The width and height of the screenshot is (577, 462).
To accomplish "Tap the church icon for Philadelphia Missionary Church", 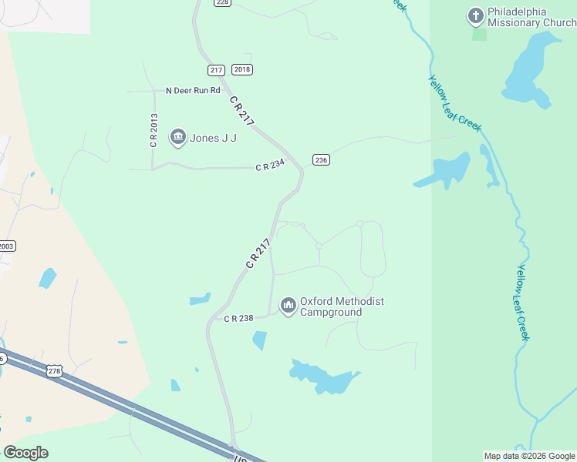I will point(476,15).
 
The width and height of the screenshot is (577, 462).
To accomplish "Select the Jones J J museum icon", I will point(178,138).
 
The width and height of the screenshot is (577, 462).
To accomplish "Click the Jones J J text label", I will point(213,139).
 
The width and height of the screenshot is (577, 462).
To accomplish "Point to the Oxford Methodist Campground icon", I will point(288,306).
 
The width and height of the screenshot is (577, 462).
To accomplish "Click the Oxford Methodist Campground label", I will point(342,307).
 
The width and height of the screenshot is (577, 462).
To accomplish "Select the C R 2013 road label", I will point(154,131).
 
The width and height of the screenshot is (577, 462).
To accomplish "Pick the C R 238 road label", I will point(238,318).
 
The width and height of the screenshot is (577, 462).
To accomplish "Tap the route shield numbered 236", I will point(321,160).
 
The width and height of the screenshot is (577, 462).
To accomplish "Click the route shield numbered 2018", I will point(241,70).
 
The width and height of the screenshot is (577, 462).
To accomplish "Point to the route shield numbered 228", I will point(222,2).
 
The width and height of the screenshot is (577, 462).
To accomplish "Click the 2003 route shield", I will point(6,246).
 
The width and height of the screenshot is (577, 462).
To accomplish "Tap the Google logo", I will point(25,452).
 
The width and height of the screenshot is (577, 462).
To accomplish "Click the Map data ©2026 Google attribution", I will point(529,456).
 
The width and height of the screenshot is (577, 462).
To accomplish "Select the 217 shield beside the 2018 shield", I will point(216,70).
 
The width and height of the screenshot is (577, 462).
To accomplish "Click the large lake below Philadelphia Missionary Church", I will point(530,69).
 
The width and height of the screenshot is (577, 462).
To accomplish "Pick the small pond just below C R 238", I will point(259,340).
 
